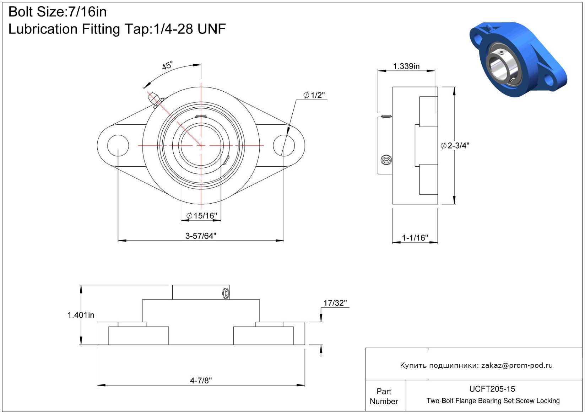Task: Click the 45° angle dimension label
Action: point(167,65)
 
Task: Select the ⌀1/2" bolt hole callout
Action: point(314,95)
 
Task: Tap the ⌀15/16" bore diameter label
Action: point(202,216)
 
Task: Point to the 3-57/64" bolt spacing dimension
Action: point(201,236)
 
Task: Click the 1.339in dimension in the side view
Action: point(406,66)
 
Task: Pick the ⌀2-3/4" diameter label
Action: point(455,145)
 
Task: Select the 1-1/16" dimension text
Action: point(415,238)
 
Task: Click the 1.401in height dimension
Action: point(81,315)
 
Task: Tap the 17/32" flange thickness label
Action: point(335,303)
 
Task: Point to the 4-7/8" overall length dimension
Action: point(201,381)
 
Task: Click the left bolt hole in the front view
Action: point(118,146)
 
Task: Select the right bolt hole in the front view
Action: point(284,146)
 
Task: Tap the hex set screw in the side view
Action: point(386,160)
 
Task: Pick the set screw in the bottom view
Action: point(226,293)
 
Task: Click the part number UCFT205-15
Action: point(492,389)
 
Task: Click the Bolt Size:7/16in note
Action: point(58,12)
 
